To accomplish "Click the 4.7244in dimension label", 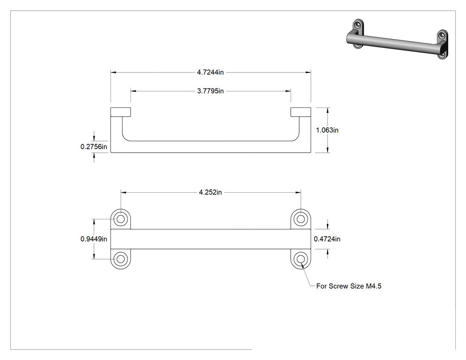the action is point(210,72).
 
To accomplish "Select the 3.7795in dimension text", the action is point(210,91).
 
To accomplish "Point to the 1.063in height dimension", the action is point(327,130).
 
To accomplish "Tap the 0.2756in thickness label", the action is point(94,146).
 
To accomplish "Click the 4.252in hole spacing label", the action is point(210,192).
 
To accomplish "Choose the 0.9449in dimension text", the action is point(94,239).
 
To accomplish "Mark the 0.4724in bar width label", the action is point(327,239).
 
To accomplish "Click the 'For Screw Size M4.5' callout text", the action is point(348,286).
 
